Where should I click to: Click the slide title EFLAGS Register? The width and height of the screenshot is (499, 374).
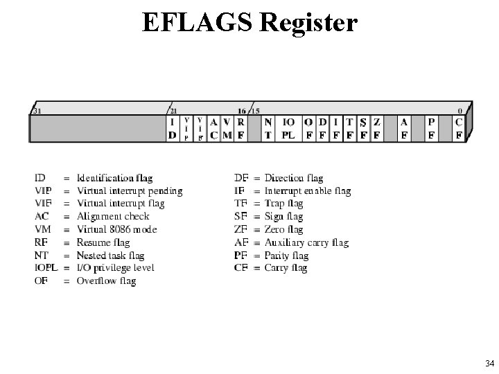click(x=249, y=22)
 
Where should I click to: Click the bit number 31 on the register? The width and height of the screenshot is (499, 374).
click(x=36, y=110)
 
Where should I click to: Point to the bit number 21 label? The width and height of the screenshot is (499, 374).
click(x=173, y=110)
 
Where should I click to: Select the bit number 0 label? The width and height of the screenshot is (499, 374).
click(x=461, y=110)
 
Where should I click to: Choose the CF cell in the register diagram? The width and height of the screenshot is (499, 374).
click(x=459, y=128)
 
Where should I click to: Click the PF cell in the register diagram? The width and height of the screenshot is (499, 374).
click(x=431, y=128)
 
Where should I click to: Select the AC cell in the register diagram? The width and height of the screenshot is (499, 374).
click(x=214, y=128)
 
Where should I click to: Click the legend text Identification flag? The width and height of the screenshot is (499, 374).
click(x=114, y=179)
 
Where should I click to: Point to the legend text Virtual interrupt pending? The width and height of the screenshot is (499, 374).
click(x=130, y=191)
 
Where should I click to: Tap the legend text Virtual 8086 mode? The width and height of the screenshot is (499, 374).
click(x=116, y=229)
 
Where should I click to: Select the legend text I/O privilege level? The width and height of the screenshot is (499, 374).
click(x=115, y=268)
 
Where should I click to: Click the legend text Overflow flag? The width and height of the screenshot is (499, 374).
click(x=105, y=281)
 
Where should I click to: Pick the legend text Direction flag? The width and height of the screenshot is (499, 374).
click(x=294, y=179)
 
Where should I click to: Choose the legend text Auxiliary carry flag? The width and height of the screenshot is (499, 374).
click(x=306, y=242)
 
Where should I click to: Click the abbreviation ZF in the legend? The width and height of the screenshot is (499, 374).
click(x=240, y=230)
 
